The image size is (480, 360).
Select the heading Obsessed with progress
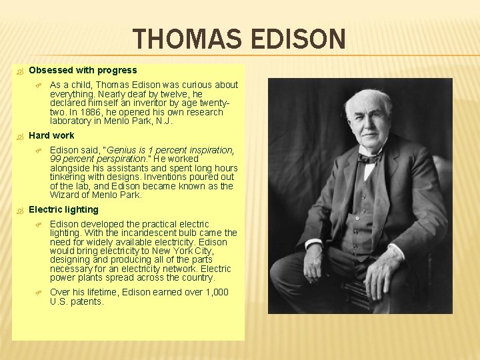click(x=83, y=70)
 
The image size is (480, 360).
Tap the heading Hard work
click(x=51, y=135)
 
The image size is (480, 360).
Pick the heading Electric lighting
click(x=63, y=209)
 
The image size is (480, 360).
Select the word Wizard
click(x=65, y=195)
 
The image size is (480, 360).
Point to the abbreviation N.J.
click(x=163, y=121)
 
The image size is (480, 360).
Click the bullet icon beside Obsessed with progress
click(x=19, y=71)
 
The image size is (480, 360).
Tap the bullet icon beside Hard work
click(x=19, y=136)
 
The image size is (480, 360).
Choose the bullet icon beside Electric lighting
click(x=19, y=210)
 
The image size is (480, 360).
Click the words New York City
click(x=177, y=251)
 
